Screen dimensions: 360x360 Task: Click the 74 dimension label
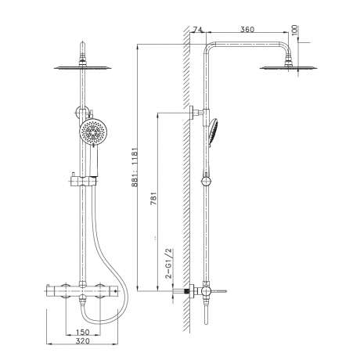[198, 30]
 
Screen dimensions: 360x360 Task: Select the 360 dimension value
[247, 30]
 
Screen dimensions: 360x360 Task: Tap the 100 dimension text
[294, 31]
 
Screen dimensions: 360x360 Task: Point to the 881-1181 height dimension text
[135, 167]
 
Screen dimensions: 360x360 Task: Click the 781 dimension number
[154, 198]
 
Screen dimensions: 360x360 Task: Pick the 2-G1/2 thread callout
[169, 263]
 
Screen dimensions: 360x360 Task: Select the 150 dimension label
[82, 332]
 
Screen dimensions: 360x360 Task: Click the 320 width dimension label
[82, 340]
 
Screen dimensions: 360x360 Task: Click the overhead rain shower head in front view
[83, 68]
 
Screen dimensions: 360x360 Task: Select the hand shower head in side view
[214, 131]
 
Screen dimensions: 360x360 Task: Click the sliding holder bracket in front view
[83, 181]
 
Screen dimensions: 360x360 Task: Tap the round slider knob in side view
[206, 182]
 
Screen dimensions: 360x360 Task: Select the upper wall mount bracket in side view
[196, 113]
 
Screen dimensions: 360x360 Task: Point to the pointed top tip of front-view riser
[83, 41]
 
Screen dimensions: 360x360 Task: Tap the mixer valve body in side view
[206, 291]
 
